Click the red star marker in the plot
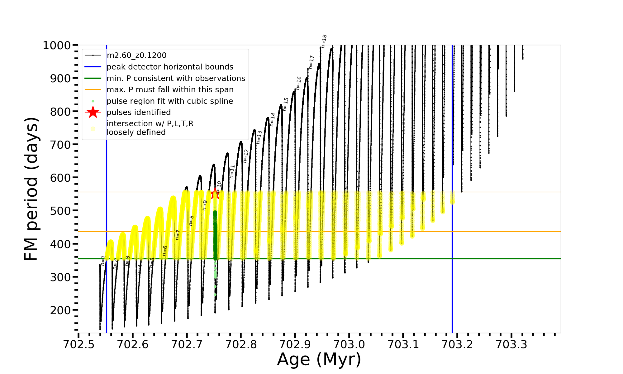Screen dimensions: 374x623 215,194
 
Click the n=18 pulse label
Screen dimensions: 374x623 324,41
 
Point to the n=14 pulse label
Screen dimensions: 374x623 273,119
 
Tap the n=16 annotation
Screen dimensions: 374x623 299,83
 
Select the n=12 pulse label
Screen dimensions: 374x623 246,156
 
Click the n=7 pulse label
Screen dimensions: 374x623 178,235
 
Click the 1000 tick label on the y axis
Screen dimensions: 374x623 57,46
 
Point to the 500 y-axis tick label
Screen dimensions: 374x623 60,211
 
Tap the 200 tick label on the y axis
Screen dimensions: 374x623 60,310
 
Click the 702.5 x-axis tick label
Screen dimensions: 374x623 78,344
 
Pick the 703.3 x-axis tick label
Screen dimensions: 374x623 511,344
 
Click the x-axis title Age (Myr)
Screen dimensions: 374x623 319,359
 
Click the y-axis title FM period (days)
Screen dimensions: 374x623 31,189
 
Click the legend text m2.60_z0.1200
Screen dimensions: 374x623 136,55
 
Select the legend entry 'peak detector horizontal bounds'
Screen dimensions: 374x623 170,67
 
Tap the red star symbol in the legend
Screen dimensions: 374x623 93,112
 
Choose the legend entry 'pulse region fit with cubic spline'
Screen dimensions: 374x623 170,101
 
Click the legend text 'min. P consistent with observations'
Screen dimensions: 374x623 176,79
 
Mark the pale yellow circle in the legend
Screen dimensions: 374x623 93,129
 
